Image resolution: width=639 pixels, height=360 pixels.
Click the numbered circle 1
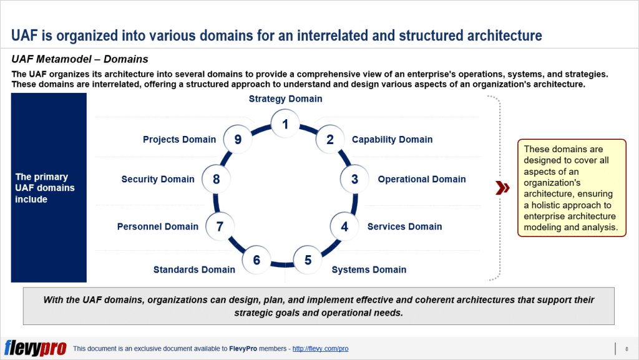click(x=285, y=124)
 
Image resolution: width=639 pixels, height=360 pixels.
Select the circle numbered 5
click(x=308, y=260)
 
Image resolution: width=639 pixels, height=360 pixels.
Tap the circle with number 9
click(x=238, y=140)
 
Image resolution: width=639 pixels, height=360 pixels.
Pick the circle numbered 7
click(x=220, y=226)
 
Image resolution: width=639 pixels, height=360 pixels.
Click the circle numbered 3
click(x=354, y=179)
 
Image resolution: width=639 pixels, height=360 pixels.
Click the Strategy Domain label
click(x=285, y=99)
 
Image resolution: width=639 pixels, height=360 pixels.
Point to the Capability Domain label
click(x=392, y=140)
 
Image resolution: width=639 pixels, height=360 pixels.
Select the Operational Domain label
click(x=421, y=179)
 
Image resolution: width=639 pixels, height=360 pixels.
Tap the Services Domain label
click(x=404, y=226)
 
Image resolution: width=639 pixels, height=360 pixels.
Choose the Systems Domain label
click(x=369, y=270)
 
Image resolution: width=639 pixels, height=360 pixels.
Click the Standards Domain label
click(x=194, y=270)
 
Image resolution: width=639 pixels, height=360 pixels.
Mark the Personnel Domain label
click(x=157, y=226)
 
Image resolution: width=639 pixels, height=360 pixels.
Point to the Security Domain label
click(x=158, y=179)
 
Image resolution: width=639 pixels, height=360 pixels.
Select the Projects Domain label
click(x=179, y=140)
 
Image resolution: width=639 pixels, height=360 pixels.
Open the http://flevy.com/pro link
click(x=320, y=349)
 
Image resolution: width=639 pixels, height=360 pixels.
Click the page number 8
click(x=626, y=349)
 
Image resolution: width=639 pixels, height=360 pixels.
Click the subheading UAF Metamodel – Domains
click(x=80, y=59)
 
